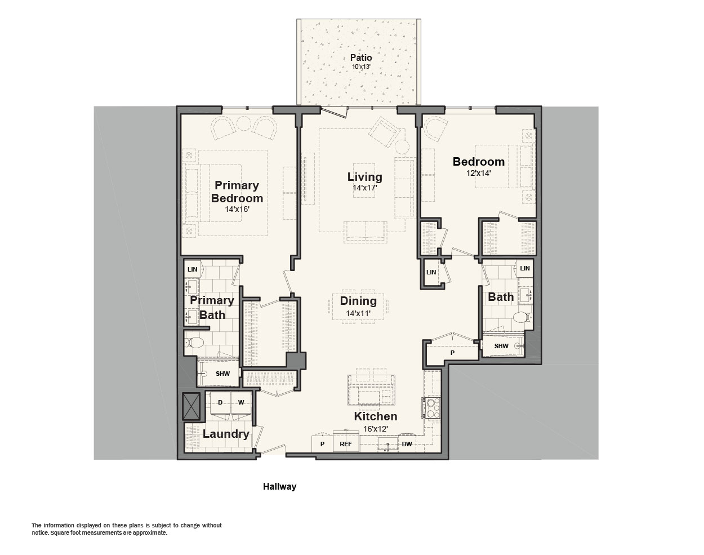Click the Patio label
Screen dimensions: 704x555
(361, 57)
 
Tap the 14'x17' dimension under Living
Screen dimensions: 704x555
(365, 188)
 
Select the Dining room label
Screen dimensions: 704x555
(358, 301)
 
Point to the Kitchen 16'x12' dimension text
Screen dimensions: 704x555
(376, 429)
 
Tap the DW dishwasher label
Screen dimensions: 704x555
(407, 444)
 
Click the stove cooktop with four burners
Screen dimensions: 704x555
(431, 408)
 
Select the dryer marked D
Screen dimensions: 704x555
(220, 402)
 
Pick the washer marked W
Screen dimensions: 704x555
(241, 402)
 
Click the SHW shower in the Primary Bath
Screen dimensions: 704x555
(219, 374)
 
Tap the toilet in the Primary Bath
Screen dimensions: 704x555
(194, 343)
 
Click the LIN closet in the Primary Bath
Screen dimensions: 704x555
(193, 269)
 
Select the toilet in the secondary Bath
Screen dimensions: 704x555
(522, 317)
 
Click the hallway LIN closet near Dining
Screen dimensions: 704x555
(431, 272)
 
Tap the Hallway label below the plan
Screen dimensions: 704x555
(280, 487)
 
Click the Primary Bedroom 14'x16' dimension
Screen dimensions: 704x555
(237, 209)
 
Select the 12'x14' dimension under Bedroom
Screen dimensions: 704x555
(479, 173)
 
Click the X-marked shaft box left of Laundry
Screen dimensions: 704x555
(191, 406)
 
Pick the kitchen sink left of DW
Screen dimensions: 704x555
(387, 445)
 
